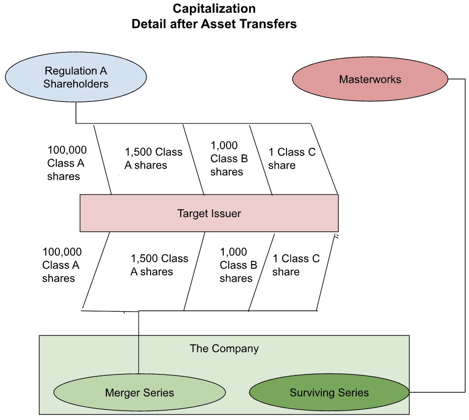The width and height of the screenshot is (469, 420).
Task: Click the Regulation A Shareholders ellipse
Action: click(x=76, y=77)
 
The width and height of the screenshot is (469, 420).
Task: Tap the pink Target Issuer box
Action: click(x=209, y=213)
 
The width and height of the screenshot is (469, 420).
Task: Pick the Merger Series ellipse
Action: click(x=139, y=393)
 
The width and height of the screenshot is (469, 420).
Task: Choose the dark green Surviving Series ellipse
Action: click(x=329, y=393)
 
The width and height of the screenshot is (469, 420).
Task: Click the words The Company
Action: click(x=224, y=349)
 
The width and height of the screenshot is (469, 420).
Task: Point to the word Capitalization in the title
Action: click(x=214, y=9)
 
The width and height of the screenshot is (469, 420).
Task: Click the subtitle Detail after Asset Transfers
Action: click(x=214, y=24)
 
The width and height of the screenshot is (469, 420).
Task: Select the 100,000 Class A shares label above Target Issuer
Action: click(x=64, y=163)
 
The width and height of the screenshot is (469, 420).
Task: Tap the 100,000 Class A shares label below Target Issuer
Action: click(x=62, y=265)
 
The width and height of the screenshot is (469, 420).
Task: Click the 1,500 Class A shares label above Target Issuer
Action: click(x=153, y=158)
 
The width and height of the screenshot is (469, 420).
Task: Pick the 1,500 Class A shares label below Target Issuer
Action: click(x=159, y=265)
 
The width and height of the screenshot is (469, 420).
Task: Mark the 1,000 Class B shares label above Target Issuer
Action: click(x=229, y=158)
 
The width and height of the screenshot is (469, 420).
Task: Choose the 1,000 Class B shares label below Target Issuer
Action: click(x=238, y=265)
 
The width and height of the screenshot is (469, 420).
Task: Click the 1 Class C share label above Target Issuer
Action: click(x=291, y=158)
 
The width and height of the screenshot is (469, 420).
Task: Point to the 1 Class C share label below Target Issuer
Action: click(x=296, y=265)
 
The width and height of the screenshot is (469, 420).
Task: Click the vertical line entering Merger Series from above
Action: click(x=139, y=343)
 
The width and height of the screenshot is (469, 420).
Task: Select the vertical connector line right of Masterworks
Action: click(x=465, y=235)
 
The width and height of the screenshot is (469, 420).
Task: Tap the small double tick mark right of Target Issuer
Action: click(x=337, y=237)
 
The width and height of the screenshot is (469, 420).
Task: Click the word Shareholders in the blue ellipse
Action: click(x=76, y=84)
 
